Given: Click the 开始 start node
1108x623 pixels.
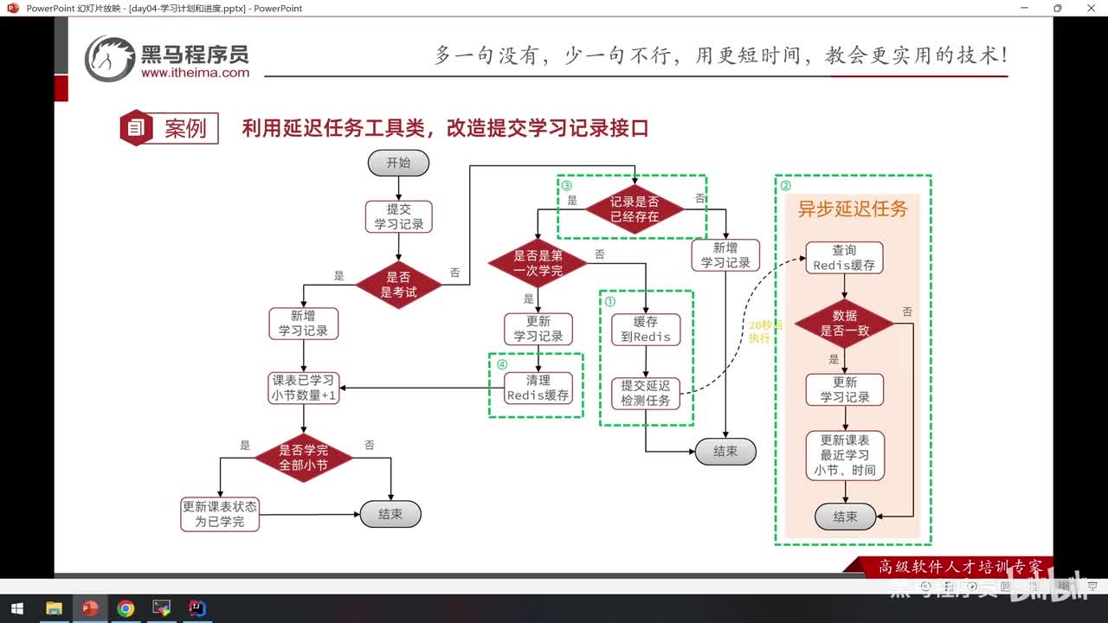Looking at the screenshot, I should coord(398,163).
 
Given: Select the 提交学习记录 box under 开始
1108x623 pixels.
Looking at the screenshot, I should coord(398,216).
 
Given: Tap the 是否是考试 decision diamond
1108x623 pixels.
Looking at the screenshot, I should coord(398,285).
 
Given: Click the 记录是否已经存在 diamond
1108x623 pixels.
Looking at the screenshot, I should coord(635,209).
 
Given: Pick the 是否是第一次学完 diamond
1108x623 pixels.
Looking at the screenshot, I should coord(538,263).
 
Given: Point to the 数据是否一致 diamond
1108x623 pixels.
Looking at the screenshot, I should coord(844,323).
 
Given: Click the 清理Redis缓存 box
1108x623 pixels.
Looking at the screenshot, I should coord(538,388).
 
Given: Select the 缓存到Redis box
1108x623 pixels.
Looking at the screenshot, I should coord(646,329).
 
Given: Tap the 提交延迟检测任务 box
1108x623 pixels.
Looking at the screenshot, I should coord(646,394).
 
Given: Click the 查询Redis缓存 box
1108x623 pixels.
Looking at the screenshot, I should coord(844,258).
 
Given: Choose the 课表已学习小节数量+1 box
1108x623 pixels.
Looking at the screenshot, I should coord(303,388).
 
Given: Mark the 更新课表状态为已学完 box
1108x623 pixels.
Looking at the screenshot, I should coord(220,514).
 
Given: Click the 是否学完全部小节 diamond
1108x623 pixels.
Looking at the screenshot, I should coord(303,458).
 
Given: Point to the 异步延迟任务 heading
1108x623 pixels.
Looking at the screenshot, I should coord(852,209).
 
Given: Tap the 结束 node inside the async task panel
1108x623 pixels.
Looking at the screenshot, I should coord(845,517).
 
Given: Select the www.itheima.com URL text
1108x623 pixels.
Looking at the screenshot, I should coord(195,74).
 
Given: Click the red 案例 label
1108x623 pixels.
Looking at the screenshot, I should coord(185,129).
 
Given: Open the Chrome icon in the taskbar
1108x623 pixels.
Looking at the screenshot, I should coord(126,608).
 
